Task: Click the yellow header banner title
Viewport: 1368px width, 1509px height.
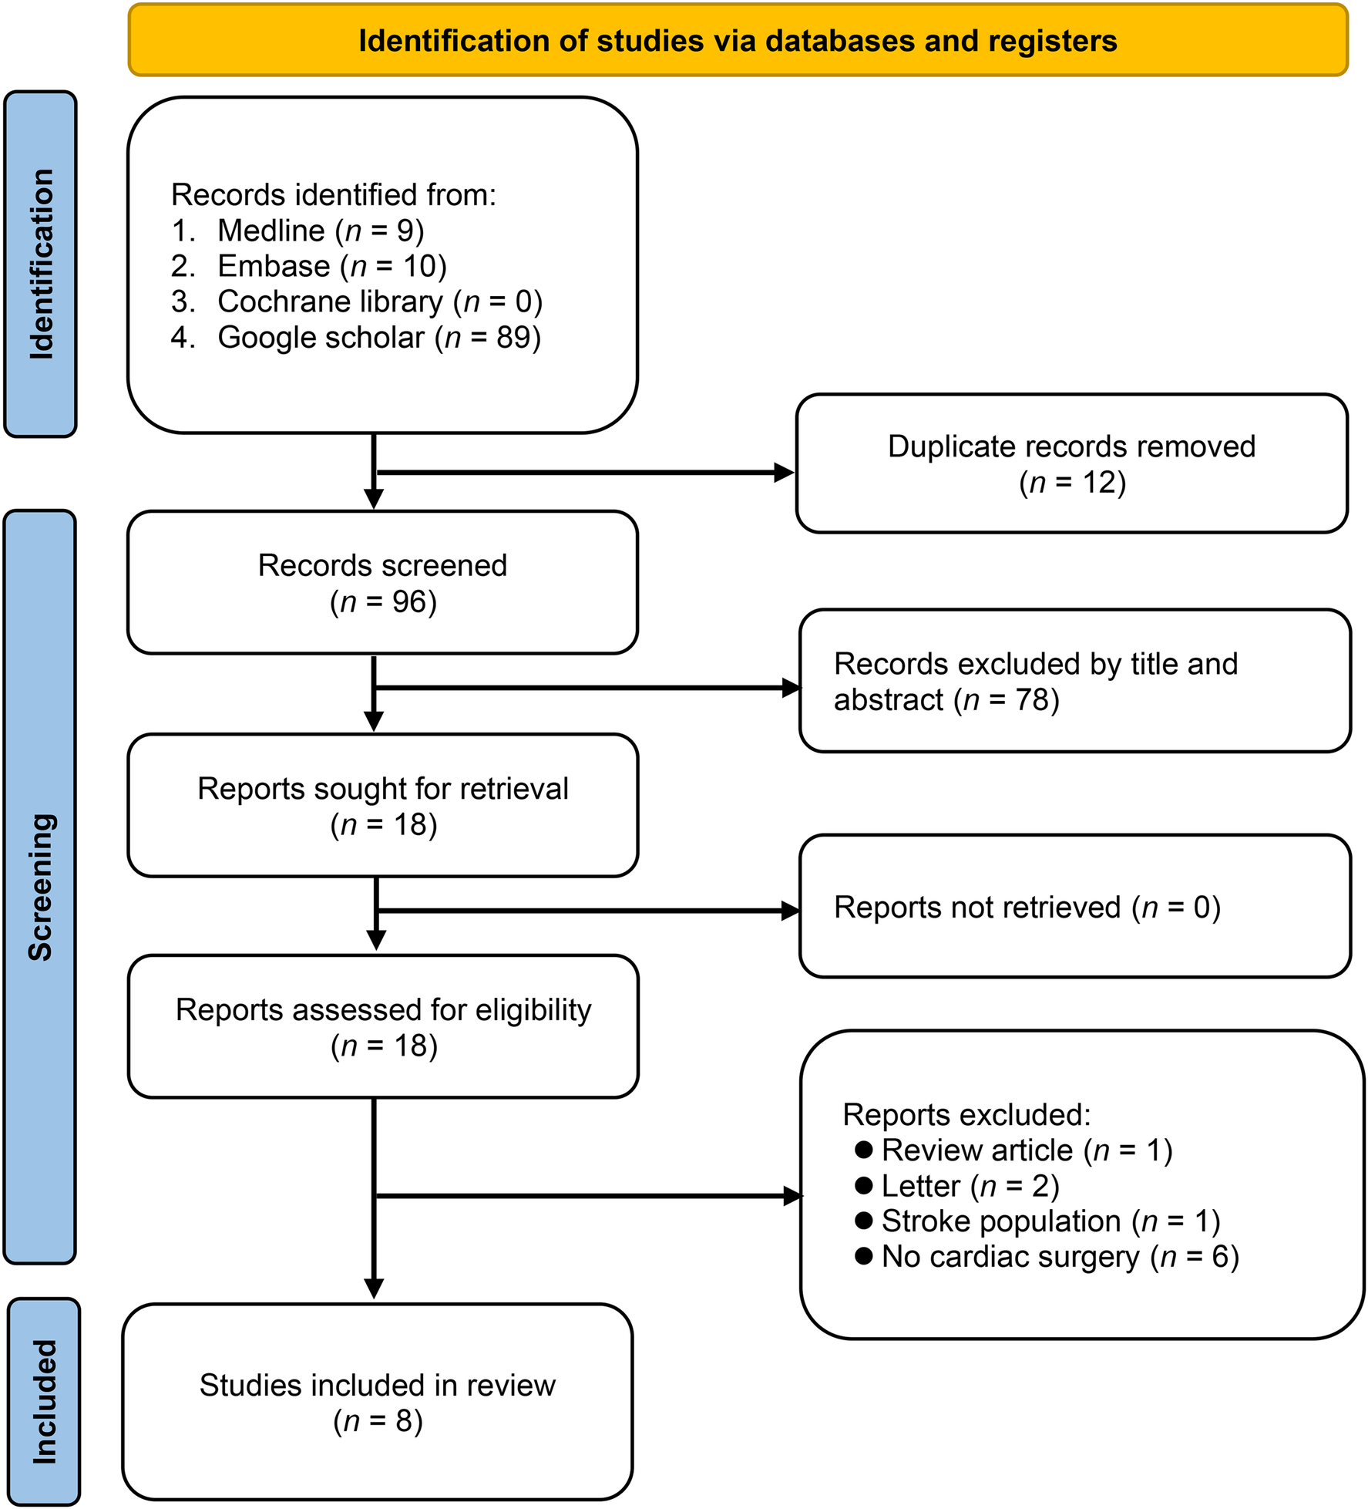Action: [738, 41]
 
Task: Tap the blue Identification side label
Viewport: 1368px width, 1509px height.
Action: [40, 264]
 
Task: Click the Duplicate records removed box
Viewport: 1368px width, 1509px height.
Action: [1071, 463]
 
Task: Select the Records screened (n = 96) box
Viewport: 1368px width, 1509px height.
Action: [382, 583]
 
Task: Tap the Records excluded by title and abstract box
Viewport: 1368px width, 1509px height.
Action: [1074, 681]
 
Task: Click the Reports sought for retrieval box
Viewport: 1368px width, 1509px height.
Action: [382, 806]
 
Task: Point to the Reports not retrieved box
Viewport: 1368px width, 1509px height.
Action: [1074, 907]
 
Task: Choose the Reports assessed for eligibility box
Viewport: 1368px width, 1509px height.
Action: [383, 1027]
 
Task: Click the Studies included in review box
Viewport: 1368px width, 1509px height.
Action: [377, 1402]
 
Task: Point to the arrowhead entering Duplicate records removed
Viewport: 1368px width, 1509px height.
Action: [785, 473]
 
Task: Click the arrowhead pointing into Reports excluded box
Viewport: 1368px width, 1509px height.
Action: [792, 1196]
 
